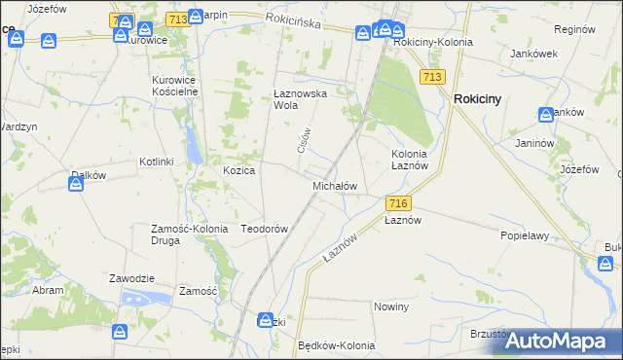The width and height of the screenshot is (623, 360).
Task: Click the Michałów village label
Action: tap(335, 186)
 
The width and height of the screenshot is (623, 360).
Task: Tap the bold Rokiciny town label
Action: tap(477, 98)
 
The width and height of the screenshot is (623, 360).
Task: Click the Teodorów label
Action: tap(264, 229)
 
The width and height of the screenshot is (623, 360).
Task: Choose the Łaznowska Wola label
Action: tap(297, 100)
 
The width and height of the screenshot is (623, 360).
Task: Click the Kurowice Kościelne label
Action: tap(175, 86)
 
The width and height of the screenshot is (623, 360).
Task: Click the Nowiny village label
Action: tap(391, 306)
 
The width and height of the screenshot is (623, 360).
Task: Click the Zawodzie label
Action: tap(131, 278)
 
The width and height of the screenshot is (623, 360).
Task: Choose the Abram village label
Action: tap(49, 290)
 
